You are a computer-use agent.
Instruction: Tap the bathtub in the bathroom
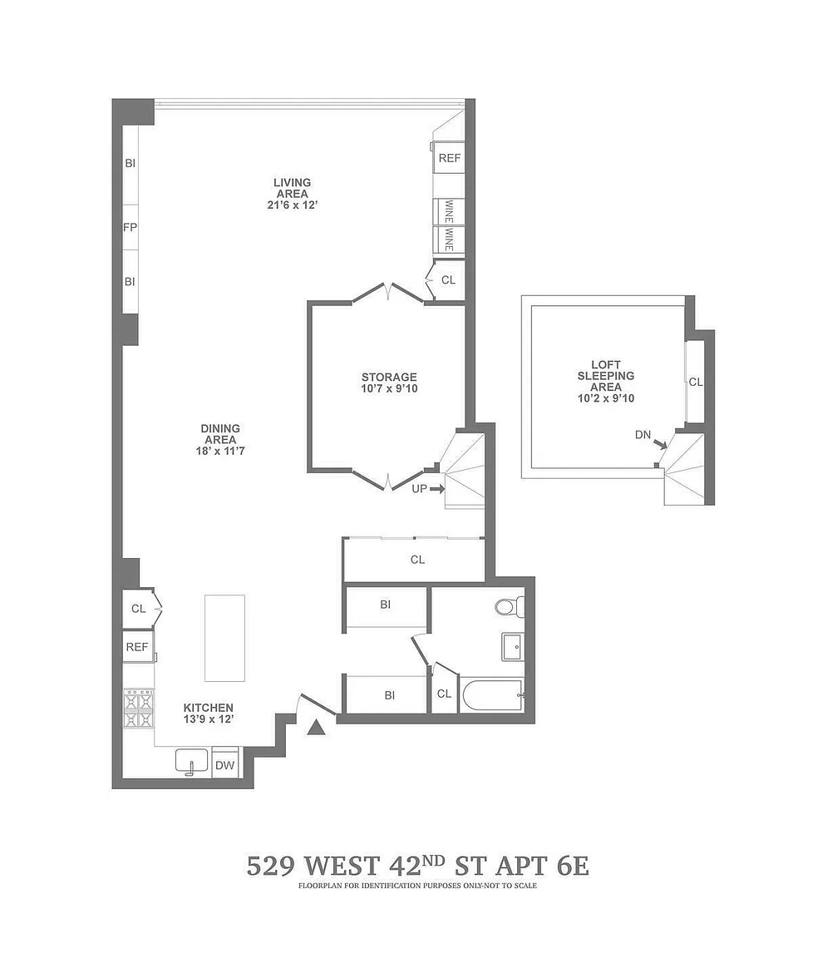(493, 696)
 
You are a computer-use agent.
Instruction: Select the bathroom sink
(512, 647)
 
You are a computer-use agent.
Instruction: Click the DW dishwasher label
(224, 766)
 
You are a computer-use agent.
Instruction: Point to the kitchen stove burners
(139, 709)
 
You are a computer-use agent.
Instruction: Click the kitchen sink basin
(191, 762)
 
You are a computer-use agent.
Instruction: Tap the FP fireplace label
(130, 227)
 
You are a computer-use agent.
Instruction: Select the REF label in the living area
(450, 158)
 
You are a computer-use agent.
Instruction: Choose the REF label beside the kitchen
(137, 647)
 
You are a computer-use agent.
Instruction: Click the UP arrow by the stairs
(436, 489)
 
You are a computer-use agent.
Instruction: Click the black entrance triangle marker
(316, 727)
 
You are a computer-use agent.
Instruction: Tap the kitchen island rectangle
(224, 638)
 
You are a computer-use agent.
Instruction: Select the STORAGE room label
(389, 377)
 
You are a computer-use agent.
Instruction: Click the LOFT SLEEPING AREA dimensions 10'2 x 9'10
(606, 398)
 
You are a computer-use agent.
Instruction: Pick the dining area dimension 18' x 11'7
(220, 451)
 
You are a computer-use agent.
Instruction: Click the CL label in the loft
(696, 383)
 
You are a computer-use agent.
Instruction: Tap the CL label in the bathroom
(444, 694)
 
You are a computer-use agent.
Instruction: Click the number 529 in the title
(269, 867)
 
